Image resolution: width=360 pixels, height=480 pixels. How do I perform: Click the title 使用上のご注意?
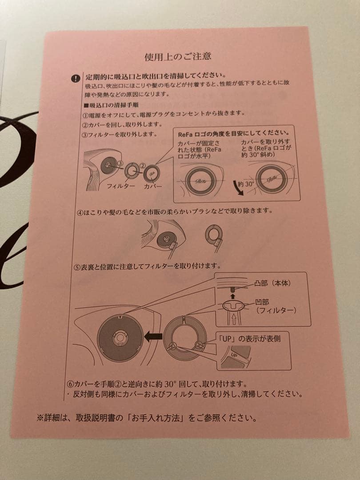pyautogui.click(x=178, y=56)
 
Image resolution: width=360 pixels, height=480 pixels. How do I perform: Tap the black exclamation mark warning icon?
pyautogui.click(x=76, y=79)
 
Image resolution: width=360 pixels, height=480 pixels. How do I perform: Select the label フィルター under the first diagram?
pyautogui.click(x=120, y=186)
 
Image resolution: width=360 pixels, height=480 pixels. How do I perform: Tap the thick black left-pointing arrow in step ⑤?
pyautogui.click(x=153, y=337)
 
